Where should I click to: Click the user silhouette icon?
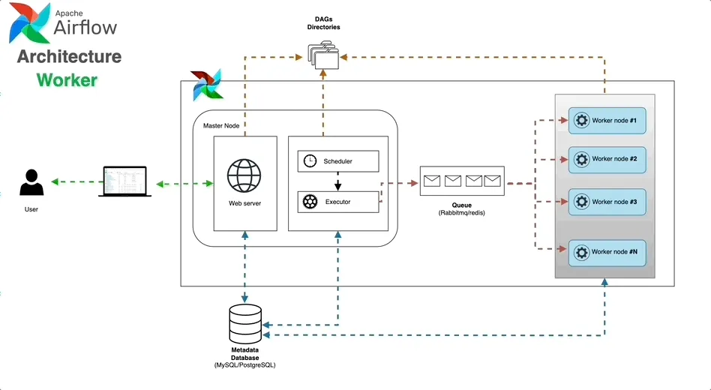point(31,184)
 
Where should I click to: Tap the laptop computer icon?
point(124,181)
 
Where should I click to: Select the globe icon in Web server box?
point(244,176)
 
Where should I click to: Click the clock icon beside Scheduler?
point(310,161)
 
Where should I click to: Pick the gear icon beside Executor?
point(310,202)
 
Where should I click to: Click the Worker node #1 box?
point(607,120)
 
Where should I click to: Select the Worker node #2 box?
point(607,159)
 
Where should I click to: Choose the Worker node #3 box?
point(607,202)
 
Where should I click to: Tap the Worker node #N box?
point(607,252)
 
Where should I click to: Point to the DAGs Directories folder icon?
point(324,55)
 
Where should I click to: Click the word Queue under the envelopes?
point(461,205)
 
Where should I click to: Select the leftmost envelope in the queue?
point(432,180)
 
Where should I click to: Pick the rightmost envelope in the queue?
point(492,180)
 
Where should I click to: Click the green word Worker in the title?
point(67,79)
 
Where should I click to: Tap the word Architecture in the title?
point(69,57)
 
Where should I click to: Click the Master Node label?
point(221,126)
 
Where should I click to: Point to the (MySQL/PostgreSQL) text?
point(245,364)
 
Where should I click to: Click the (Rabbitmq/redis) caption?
point(461,214)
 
